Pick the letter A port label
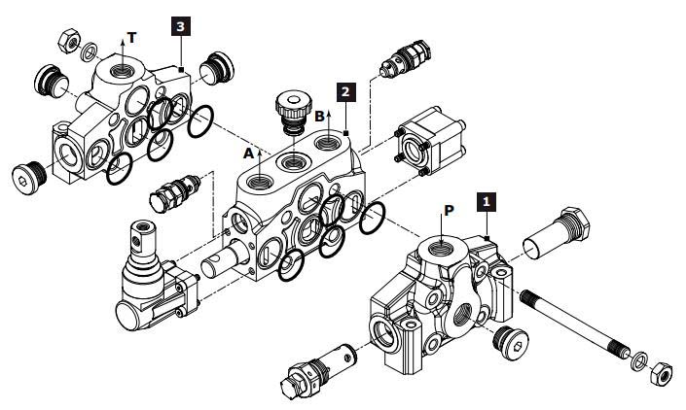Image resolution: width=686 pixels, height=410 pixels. [248, 154]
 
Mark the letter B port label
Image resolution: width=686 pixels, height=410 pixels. [318, 116]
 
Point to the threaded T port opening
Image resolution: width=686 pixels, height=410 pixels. [122, 70]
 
